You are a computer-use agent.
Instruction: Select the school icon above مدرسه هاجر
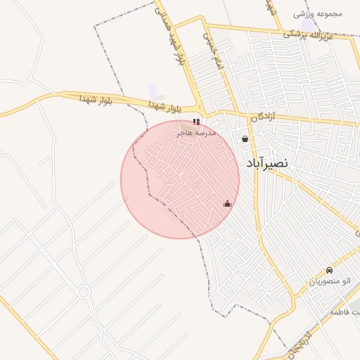[196, 122]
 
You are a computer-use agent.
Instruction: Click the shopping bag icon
[245, 139]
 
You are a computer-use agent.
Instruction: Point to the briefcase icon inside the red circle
[227, 205]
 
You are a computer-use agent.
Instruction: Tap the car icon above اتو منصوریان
[329, 271]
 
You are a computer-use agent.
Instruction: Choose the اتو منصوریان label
[329, 281]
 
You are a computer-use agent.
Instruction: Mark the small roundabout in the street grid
[84, 291]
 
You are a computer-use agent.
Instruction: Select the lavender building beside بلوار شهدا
[153, 92]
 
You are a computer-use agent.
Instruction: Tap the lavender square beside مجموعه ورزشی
[308, 25]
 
